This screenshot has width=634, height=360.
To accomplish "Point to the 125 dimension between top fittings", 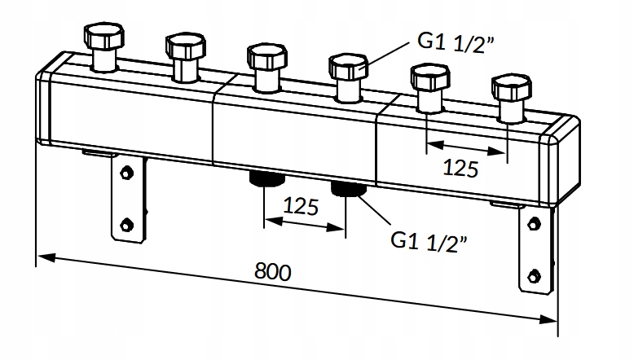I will pos(460,169).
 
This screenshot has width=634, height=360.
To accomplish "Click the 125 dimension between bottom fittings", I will pos(301,206).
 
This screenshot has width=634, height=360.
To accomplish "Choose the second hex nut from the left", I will pos(184,46).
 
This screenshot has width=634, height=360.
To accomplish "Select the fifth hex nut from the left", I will pos(429,78).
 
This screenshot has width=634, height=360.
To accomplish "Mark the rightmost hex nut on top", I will pos(510,88).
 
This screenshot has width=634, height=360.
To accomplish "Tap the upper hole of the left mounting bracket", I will pos(126,172).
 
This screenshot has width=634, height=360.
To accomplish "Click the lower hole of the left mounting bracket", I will pos(126,224).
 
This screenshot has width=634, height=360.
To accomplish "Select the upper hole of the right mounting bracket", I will pos(534,222).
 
